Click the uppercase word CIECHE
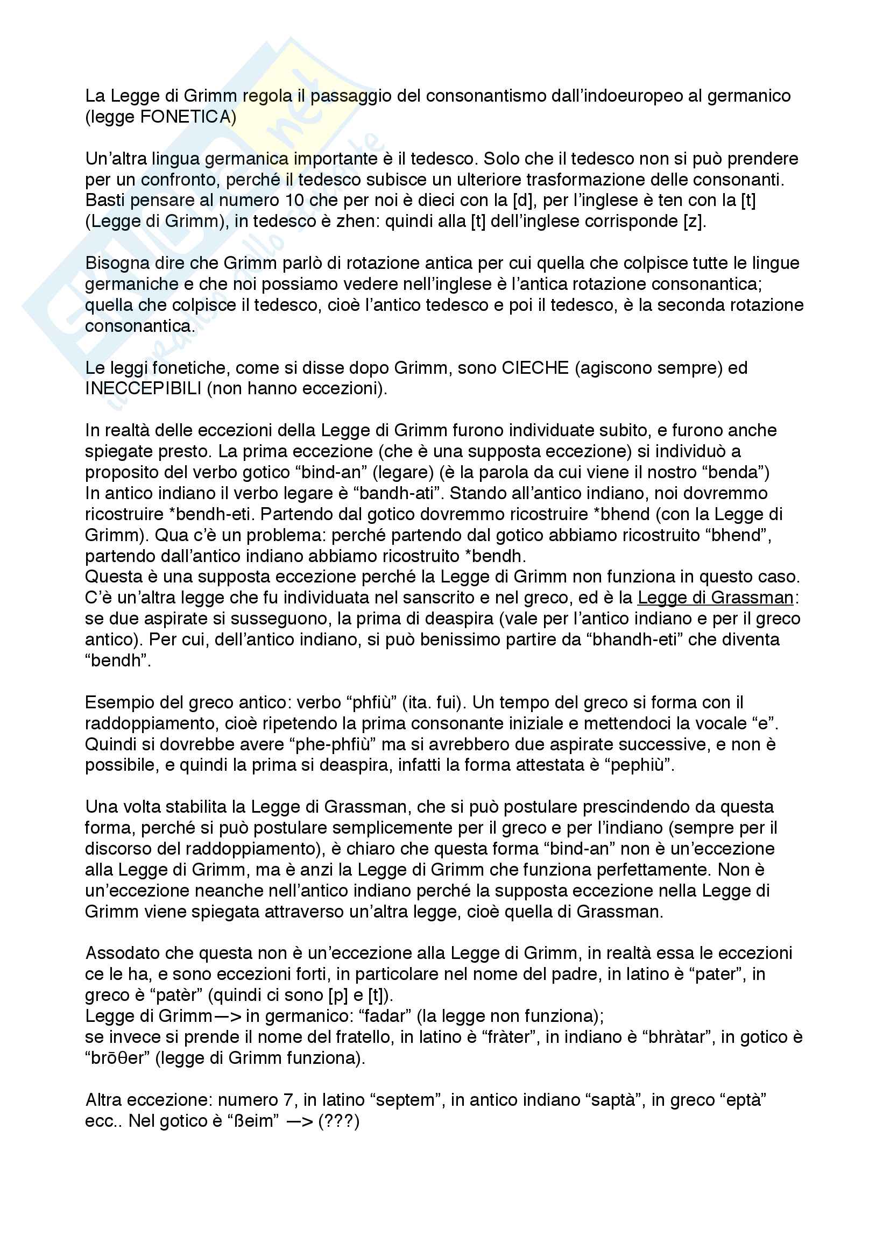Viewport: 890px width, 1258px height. pyautogui.click(x=535, y=368)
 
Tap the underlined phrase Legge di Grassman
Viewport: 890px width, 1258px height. pyautogui.click(x=715, y=598)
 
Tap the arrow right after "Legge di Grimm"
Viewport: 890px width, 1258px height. pyautogui.click(x=228, y=1017)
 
